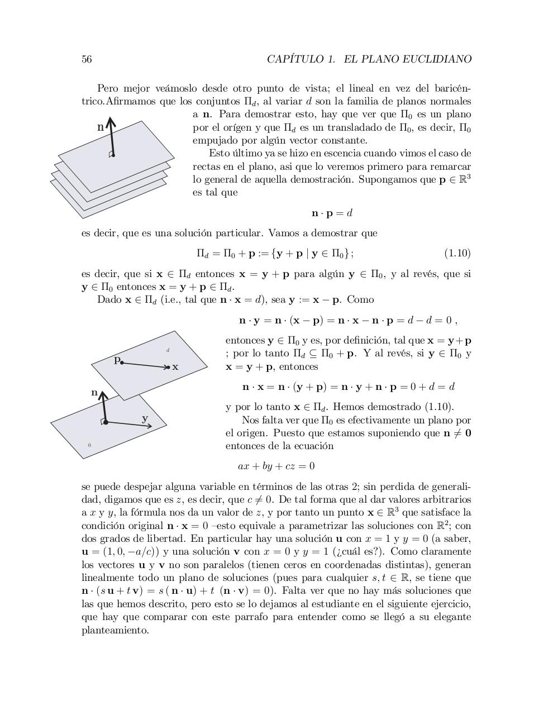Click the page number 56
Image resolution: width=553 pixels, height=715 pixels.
[x=87, y=59]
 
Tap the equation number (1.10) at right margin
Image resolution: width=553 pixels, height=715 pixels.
[x=457, y=254]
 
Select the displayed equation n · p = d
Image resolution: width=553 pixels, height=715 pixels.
[x=332, y=213]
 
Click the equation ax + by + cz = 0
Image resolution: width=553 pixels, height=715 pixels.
[x=276, y=466]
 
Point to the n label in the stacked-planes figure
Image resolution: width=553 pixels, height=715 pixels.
[x=101, y=127]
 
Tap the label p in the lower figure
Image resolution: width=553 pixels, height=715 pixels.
[x=117, y=360]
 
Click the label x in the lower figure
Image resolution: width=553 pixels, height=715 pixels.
[x=175, y=367]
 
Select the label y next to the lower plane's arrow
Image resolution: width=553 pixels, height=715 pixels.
[x=145, y=418]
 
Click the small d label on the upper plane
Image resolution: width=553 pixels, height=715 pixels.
[x=168, y=350]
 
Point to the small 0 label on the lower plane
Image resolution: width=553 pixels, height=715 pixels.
[x=89, y=445]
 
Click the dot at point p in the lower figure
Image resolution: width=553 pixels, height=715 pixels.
[x=122, y=363]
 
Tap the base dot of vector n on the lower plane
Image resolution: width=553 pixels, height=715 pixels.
[x=106, y=422]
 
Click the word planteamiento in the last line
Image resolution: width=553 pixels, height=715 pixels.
[x=115, y=630]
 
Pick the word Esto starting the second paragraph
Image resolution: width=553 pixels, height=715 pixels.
[x=219, y=154]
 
